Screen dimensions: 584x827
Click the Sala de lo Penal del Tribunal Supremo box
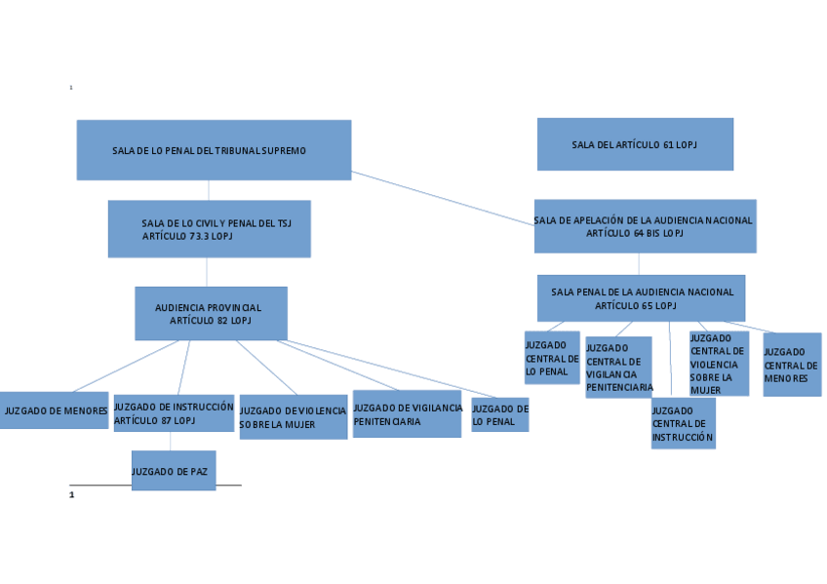tap(214, 150)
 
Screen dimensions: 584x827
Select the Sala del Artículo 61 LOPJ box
tap(635, 144)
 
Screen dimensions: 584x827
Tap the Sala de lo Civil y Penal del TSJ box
tap(209, 229)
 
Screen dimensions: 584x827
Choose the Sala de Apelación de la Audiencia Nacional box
tap(644, 226)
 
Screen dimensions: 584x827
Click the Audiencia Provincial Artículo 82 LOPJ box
tap(211, 313)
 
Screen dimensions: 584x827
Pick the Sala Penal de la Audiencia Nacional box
tap(641, 297)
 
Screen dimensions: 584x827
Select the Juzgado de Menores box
tap(54, 410)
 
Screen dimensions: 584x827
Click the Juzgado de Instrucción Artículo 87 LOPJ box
tap(174, 413)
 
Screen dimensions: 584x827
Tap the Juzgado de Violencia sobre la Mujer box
tap(293, 417)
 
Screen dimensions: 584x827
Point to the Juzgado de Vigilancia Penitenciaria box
tap(407, 414)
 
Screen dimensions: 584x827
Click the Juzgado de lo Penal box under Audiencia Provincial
tap(499, 414)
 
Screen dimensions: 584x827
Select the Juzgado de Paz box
tap(173, 470)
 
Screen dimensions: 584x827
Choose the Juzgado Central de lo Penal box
tap(552, 358)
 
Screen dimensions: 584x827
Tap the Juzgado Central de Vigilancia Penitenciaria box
tap(618, 368)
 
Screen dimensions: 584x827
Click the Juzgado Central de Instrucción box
tap(683, 423)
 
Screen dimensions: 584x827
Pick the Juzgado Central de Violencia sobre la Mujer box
tap(718, 364)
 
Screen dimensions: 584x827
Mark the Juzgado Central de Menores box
tap(791, 365)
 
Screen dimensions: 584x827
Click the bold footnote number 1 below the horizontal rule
tap(71, 495)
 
